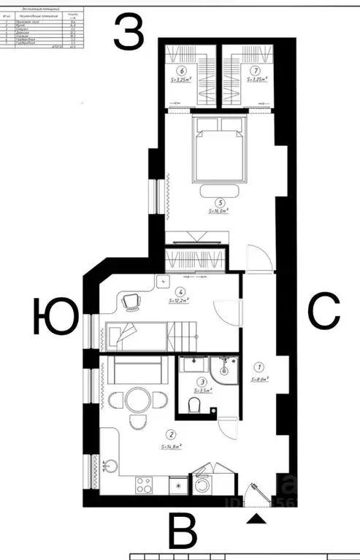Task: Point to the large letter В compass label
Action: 184,530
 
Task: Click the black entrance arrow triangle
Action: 256,518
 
